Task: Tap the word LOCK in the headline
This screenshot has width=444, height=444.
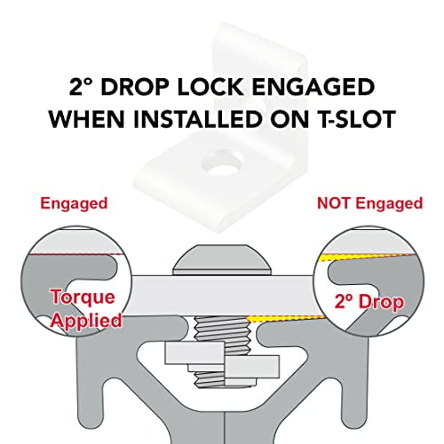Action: [x=210, y=87]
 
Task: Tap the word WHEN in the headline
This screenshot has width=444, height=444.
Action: [x=87, y=119]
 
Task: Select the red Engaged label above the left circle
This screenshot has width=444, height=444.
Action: [x=74, y=204]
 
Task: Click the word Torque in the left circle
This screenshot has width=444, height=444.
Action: [x=83, y=297]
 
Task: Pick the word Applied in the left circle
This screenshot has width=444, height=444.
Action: [x=86, y=320]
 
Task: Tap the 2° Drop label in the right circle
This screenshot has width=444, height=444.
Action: [x=369, y=302]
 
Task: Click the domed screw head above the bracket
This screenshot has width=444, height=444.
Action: [x=222, y=259]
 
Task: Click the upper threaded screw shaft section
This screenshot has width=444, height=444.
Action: [x=221, y=329]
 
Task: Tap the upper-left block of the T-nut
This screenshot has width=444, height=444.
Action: [x=194, y=353]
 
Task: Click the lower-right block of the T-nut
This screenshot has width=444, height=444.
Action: [x=252, y=367]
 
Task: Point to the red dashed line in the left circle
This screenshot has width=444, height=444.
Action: [x=74, y=254]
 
